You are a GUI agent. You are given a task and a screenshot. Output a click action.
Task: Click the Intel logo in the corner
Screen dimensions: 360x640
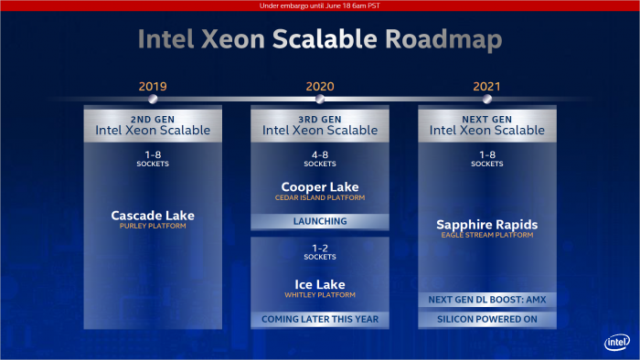point(616,342)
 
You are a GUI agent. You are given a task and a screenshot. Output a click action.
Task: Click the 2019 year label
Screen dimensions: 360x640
point(153,87)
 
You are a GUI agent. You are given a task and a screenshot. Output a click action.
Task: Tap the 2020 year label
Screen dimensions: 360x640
point(320,87)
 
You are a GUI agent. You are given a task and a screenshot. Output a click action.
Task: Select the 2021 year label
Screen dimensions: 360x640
point(487,87)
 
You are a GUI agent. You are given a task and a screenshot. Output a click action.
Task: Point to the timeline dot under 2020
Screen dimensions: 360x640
point(320,100)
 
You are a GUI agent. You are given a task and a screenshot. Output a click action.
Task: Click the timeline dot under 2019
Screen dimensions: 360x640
point(153,100)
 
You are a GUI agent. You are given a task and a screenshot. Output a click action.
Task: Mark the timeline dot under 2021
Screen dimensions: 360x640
point(487,100)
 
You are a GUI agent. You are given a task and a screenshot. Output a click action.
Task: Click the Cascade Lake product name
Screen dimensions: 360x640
point(153,216)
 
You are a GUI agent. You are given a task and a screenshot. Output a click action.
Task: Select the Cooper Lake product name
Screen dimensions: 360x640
point(320,186)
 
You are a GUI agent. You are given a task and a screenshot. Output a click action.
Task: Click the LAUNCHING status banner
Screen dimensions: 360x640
point(320,221)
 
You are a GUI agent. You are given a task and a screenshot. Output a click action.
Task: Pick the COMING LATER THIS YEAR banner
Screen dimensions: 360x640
point(320,320)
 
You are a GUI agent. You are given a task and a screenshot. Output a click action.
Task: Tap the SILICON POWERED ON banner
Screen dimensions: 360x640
point(487,320)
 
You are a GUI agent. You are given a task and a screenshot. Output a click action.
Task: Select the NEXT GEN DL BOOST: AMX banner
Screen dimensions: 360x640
point(487,300)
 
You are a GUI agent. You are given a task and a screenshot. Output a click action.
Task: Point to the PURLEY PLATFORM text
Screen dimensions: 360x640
point(153,227)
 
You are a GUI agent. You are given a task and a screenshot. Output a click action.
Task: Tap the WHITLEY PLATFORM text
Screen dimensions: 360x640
point(320,295)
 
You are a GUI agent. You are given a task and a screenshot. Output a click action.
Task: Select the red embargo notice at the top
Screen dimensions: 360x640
point(320,5)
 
